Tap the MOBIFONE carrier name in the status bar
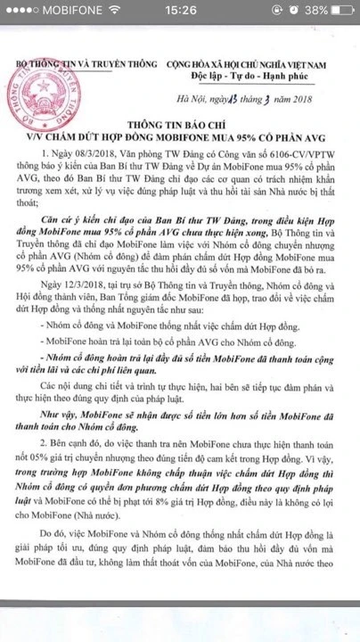pos(53,12)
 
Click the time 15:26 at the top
pos(180,12)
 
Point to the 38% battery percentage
pos(314,12)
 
